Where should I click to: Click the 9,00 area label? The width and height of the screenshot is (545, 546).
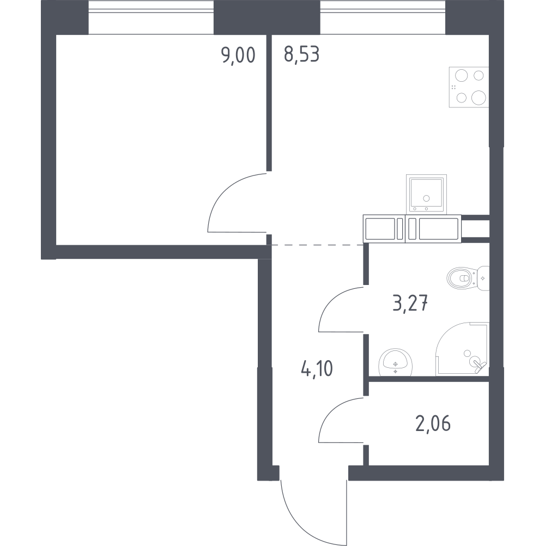[238, 56]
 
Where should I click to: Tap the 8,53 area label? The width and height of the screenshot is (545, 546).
[301, 54]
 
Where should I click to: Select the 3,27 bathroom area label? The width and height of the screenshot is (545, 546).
[410, 304]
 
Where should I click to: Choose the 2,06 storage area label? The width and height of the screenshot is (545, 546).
[433, 423]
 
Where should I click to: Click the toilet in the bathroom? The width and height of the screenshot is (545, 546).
[468, 278]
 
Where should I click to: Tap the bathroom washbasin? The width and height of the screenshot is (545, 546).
[395, 362]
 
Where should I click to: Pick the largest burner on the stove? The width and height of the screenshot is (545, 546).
[479, 98]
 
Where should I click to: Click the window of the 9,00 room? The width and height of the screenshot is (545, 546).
[151, 17]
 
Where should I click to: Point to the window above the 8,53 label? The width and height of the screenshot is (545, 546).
[383, 17]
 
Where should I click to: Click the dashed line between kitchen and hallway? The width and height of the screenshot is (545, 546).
[317, 245]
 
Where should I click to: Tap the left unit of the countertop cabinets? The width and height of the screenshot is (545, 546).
[384, 229]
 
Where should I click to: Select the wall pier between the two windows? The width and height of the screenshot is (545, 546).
[267, 17]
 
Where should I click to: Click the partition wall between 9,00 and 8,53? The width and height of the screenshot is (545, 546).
[269, 103]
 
